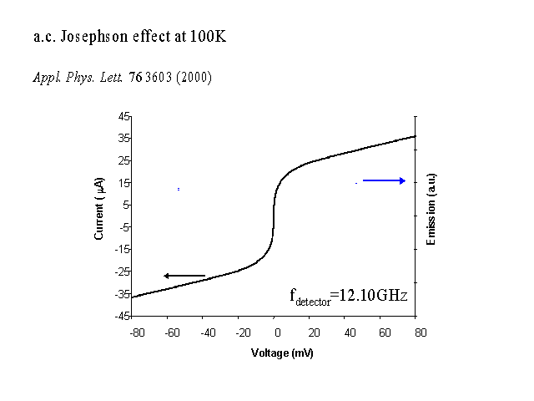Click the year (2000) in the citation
point(196,78)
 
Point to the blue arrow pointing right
point(384,180)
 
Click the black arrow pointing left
point(184,276)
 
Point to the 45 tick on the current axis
point(123,115)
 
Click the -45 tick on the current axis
point(122,316)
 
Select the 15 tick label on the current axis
point(123,182)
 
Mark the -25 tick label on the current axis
point(122,272)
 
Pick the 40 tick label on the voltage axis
point(348,332)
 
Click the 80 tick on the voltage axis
point(421,332)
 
